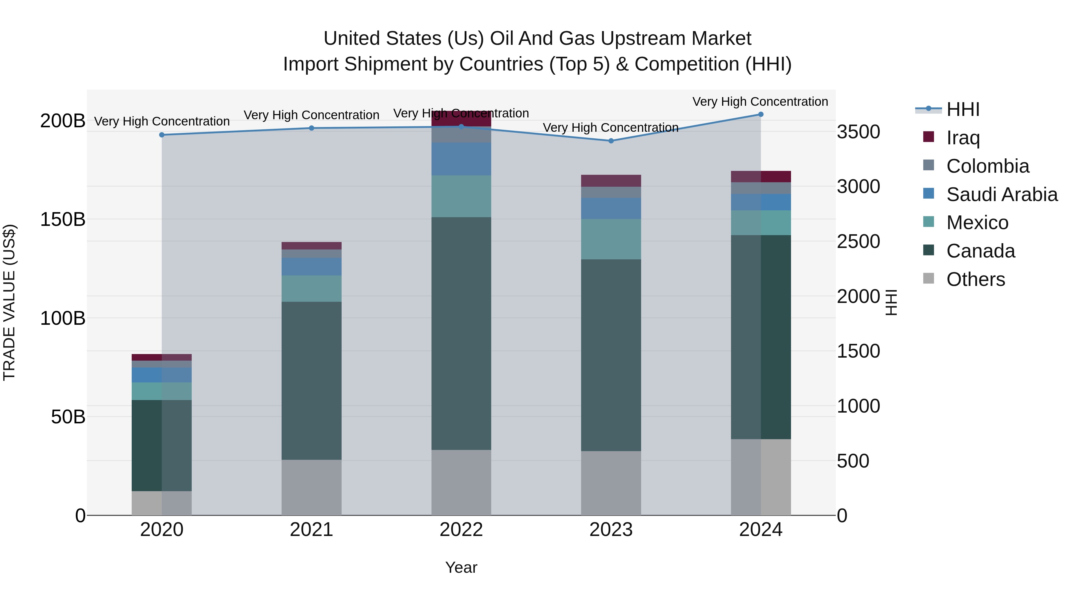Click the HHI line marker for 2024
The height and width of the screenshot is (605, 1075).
point(760,114)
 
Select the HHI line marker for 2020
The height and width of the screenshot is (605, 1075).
point(162,135)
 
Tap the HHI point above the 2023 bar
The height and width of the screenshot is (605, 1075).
point(611,141)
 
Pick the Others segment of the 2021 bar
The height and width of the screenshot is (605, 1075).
point(311,487)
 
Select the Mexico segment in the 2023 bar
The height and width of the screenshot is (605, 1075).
point(611,239)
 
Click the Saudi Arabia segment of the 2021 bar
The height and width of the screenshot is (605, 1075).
point(311,266)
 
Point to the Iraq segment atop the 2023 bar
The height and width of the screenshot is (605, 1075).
point(611,181)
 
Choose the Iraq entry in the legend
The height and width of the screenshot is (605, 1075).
point(963,137)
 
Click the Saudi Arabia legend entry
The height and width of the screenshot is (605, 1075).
point(1002,194)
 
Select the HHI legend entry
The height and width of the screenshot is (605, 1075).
point(963,109)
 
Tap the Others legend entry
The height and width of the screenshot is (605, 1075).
point(975,279)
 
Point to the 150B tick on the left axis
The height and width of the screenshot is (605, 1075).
point(63,219)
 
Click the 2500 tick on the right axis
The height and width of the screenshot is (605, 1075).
point(859,242)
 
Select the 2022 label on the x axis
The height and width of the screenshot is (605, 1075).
point(461,530)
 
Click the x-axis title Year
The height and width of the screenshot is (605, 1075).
point(461,567)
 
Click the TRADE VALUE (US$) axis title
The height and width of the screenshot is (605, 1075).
point(9,303)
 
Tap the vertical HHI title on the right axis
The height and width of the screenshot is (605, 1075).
point(891,303)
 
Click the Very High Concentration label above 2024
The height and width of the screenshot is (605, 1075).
point(760,102)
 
